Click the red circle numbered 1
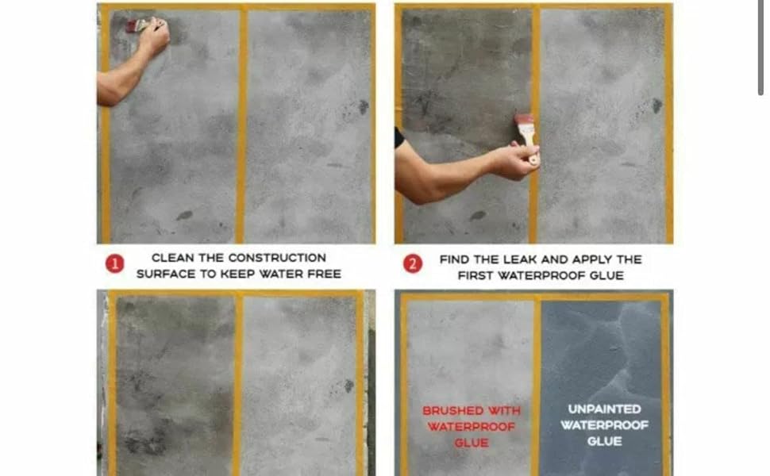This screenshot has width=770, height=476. [114, 264]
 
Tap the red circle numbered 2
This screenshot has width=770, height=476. [412, 264]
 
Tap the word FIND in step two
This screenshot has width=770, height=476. [456, 259]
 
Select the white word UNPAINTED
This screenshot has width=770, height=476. [604, 409]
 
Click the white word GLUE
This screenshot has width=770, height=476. [604, 442]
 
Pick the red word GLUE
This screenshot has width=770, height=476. [471, 443]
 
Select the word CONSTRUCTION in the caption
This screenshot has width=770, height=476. [277, 258]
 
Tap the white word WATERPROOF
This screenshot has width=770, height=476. [604, 425]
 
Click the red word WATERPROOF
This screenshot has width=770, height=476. [471, 428]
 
